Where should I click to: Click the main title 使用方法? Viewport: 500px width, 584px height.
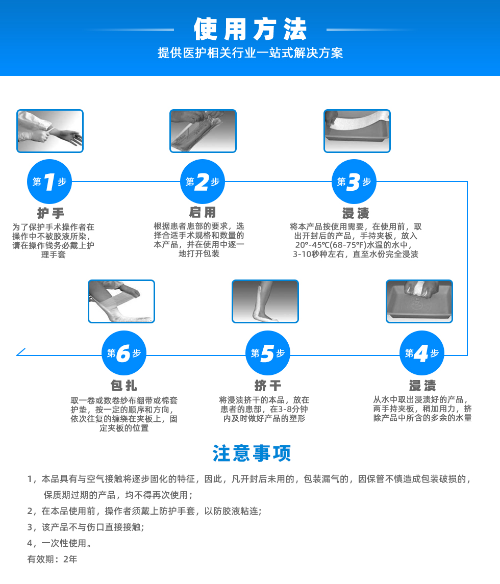[250, 29]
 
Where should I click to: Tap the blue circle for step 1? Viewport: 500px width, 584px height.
[49, 182]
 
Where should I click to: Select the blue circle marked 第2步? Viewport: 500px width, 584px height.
[203, 182]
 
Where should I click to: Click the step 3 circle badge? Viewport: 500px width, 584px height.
[354, 182]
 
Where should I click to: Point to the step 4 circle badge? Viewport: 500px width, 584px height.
[422, 353]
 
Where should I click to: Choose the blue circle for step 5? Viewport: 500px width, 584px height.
[267, 353]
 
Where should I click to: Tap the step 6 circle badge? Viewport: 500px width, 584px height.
[123, 353]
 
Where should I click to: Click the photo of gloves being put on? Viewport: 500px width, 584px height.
[50, 131]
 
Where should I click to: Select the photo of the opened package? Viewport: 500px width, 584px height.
[203, 131]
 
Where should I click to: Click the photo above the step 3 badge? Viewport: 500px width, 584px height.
[357, 131]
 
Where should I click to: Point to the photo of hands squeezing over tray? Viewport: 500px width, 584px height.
[419, 301]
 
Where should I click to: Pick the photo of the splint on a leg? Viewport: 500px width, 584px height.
[265, 301]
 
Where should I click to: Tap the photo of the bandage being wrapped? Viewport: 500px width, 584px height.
[121, 301]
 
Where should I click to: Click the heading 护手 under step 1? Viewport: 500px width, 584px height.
[51, 213]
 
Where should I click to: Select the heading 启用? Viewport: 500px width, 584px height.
[203, 212]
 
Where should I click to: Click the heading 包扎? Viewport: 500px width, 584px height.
[123, 386]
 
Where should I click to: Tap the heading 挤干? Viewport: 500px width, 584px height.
[267, 386]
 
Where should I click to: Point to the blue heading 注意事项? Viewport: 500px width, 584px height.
[252, 453]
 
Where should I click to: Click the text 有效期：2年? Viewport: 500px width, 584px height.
[52, 559]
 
